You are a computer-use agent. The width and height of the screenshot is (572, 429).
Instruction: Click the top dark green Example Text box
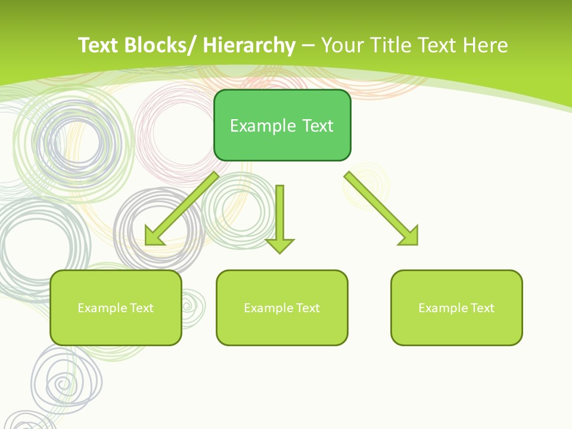point(282,125)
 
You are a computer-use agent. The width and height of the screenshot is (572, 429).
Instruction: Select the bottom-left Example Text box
point(116,307)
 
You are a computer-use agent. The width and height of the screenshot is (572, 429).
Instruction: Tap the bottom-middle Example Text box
point(282,307)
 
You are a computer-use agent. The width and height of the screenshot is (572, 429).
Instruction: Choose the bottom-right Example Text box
point(456,307)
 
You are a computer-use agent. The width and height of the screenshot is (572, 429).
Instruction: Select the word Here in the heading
point(486,45)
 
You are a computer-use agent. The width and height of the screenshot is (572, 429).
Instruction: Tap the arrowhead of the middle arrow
point(279,245)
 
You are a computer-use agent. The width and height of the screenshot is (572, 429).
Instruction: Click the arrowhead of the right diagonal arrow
point(410,237)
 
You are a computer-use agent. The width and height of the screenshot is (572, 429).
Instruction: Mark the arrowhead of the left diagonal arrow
point(153,237)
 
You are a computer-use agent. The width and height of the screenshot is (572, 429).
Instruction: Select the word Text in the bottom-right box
point(481,307)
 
